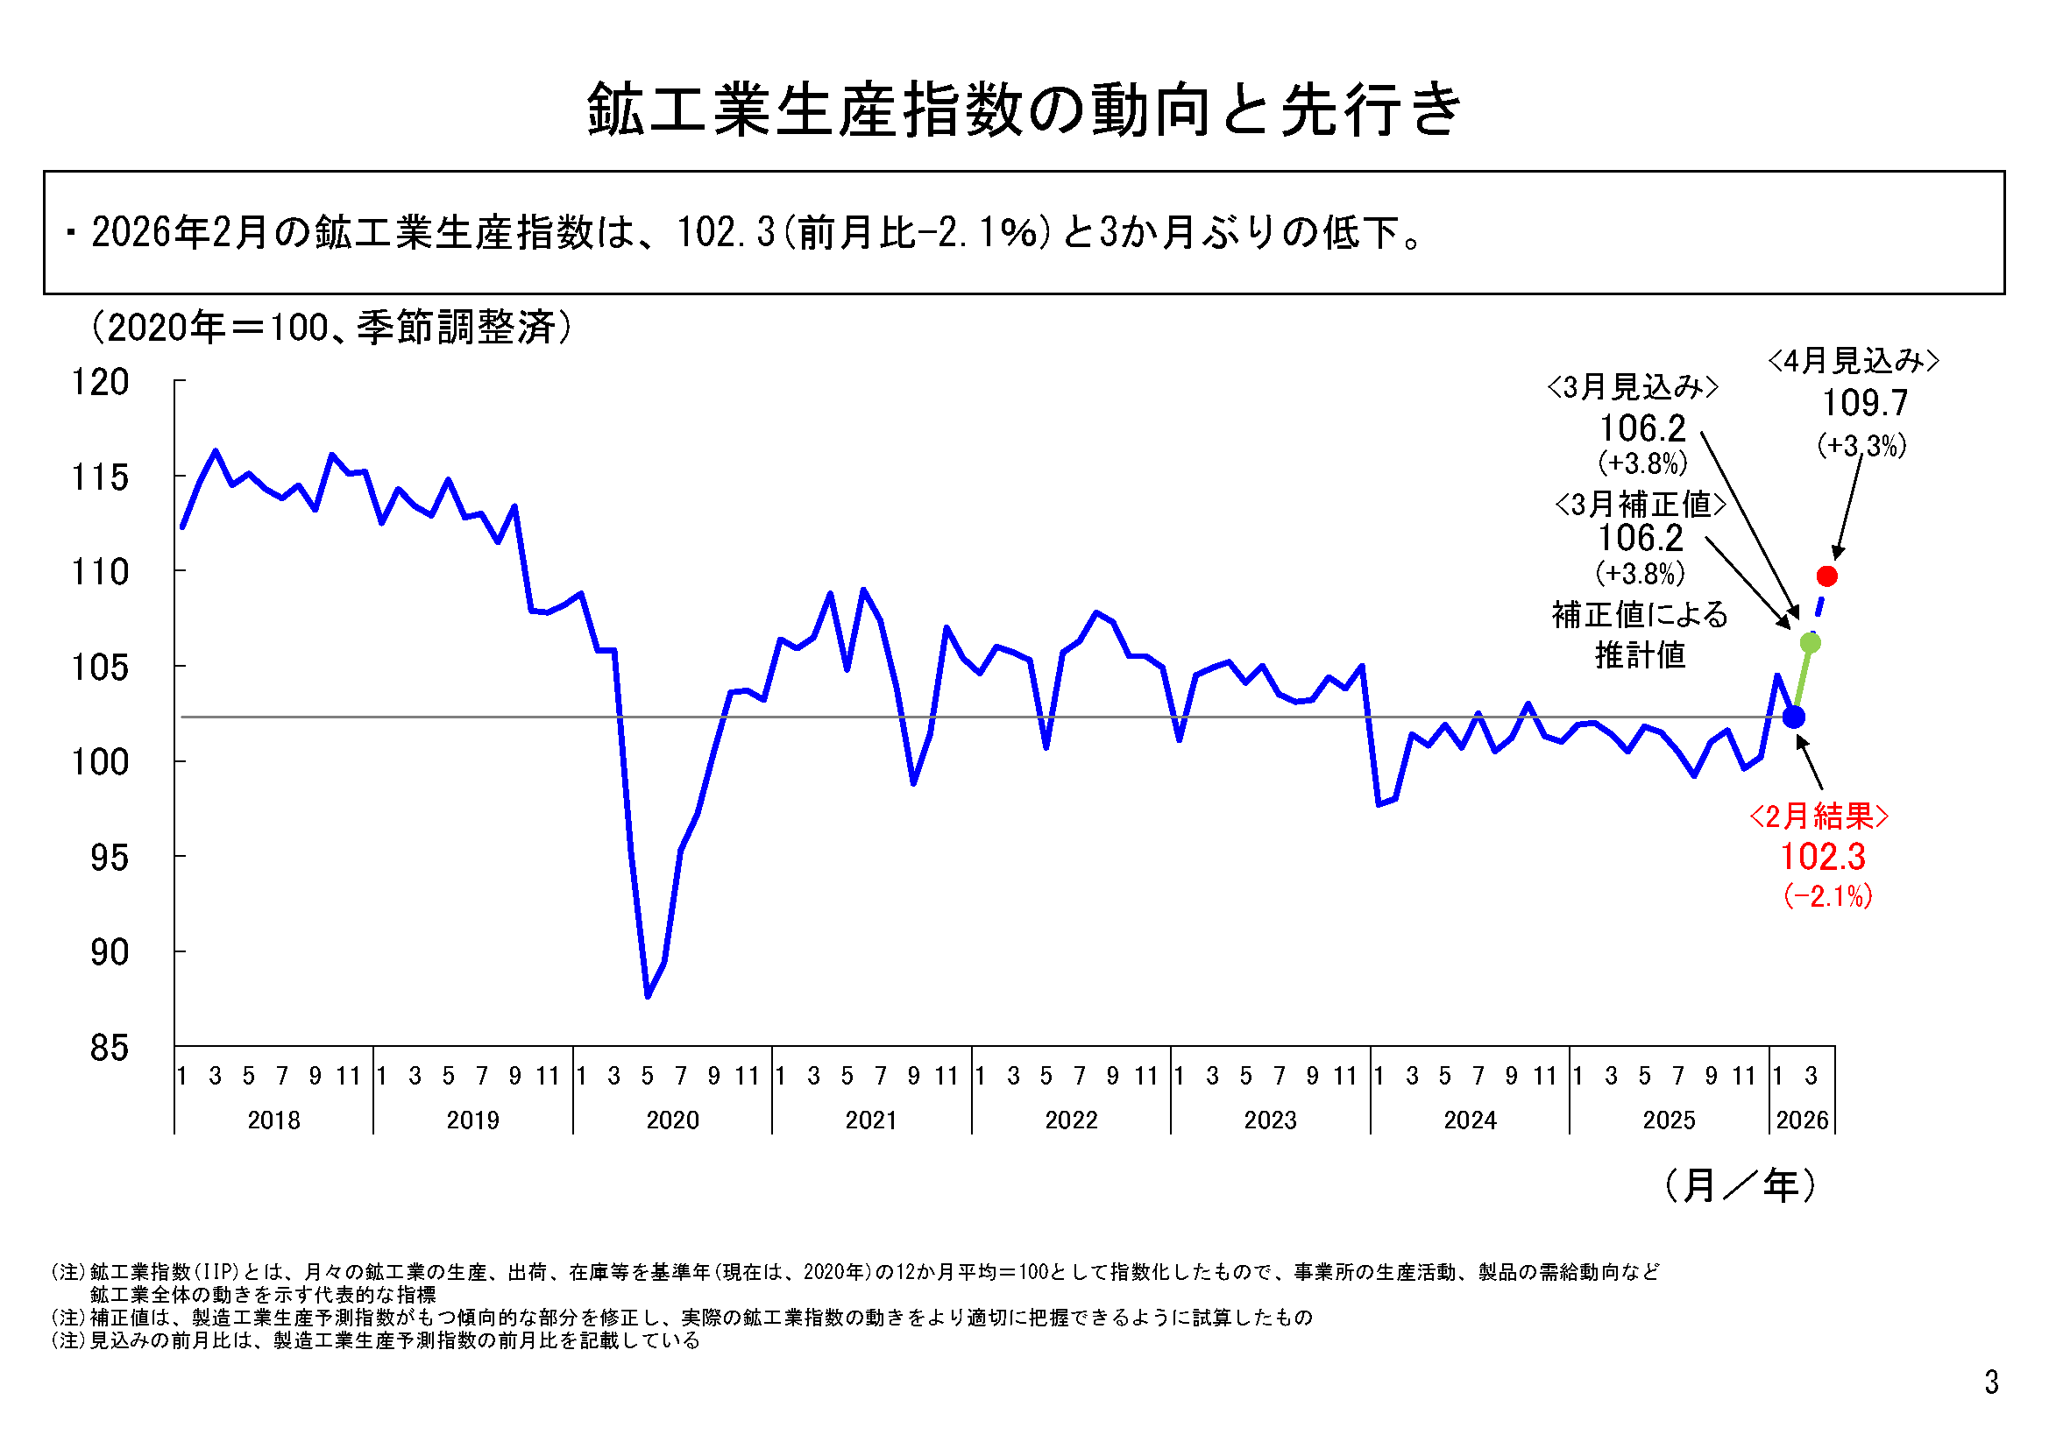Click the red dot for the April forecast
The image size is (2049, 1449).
[x=1826, y=576]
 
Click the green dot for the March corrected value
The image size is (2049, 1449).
[x=1811, y=642]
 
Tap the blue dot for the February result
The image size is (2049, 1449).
[x=1794, y=717]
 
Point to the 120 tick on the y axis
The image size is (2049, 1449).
[x=100, y=382]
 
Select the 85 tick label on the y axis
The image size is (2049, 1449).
[x=109, y=1048]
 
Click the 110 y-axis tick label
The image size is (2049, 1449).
[x=100, y=572]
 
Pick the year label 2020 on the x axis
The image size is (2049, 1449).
[x=672, y=1120]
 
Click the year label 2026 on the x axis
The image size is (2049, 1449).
[x=1802, y=1120]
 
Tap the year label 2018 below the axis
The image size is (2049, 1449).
[x=274, y=1120]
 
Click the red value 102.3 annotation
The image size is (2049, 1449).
[x=1822, y=857]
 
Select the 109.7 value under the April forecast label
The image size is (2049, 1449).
[x=1864, y=403]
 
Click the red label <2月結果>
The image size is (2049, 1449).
[x=1819, y=816]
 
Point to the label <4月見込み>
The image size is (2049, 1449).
[x=1854, y=361]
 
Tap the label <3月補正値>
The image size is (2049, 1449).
[x=1641, y=504]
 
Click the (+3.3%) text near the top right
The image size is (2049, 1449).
[x=1861, y=445]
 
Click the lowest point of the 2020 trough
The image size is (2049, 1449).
[x=648, y=996]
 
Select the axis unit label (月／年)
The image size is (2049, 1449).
[x=1741, y=1186]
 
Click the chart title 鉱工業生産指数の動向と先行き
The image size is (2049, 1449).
[x=1024, y=110]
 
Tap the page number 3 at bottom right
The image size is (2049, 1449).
[x=1991, y=1382]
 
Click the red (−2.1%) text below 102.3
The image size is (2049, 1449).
[x=1826, y=896]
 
